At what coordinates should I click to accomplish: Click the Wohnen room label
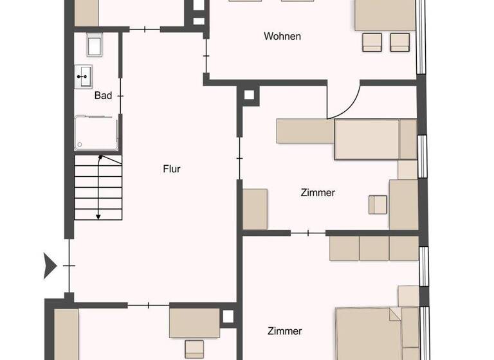[x=282, y=36]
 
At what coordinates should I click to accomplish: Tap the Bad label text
[x=103, y=95]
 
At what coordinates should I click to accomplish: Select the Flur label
[x=171, y=170]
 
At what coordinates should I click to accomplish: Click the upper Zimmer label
[x=318, y=192]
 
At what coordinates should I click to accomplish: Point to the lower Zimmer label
[x=284, y=331]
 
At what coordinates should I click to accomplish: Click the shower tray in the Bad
[x=96, y=133]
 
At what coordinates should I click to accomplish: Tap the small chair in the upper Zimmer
[x=378, y=204]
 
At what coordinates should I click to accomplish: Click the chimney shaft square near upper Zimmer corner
[x=248, y=96]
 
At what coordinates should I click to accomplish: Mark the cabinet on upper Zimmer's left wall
[x=255, y=209]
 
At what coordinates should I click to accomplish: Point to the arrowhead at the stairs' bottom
[x=98, y=217]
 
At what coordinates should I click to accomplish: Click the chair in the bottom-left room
[x=194, y=349]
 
